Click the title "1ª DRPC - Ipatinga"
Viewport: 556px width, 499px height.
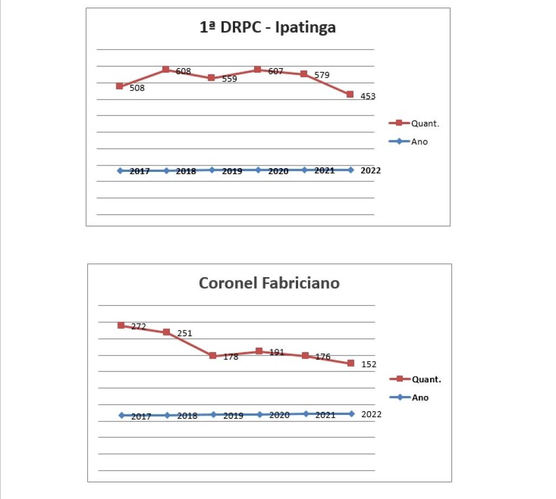268,27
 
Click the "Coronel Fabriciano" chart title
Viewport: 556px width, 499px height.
269,283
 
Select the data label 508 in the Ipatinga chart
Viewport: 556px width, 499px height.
137,88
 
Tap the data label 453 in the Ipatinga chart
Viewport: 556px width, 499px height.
368,97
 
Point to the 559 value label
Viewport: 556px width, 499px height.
230,79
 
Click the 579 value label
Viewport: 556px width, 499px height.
322,75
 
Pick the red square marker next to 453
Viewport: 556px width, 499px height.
350,94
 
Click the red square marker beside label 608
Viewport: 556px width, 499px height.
166,70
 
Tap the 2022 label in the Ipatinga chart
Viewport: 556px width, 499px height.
371,170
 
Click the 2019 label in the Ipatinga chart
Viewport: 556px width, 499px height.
232,171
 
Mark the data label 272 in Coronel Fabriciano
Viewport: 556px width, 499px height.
138,327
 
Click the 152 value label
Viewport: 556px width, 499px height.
369,364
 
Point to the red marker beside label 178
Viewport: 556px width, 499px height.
213,356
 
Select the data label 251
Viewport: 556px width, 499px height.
185,333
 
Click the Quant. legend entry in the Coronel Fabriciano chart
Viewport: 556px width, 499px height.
426,379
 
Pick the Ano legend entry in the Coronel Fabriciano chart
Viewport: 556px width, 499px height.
420,398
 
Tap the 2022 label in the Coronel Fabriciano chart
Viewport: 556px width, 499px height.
371,414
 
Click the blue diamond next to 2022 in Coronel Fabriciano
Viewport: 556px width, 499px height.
351,414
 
